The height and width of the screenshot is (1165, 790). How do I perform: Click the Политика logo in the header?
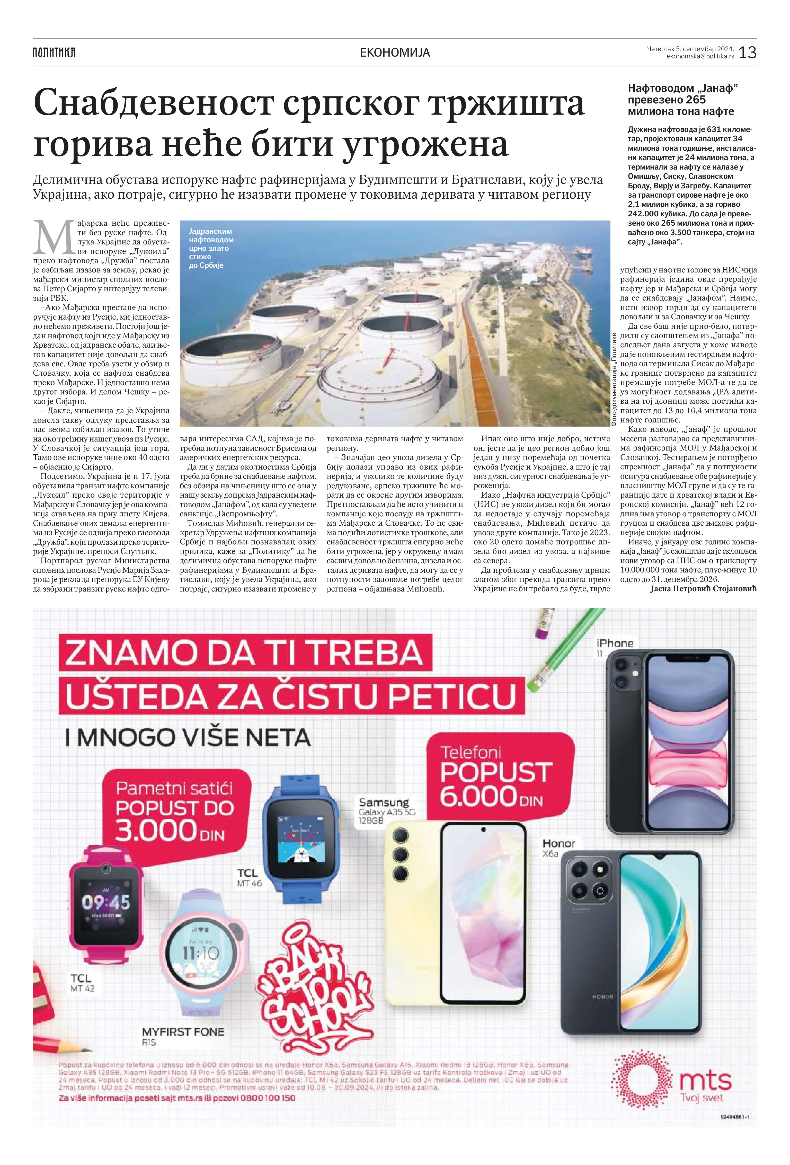pos(54,52)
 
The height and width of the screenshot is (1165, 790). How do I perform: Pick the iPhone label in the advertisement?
pos(615,643)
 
